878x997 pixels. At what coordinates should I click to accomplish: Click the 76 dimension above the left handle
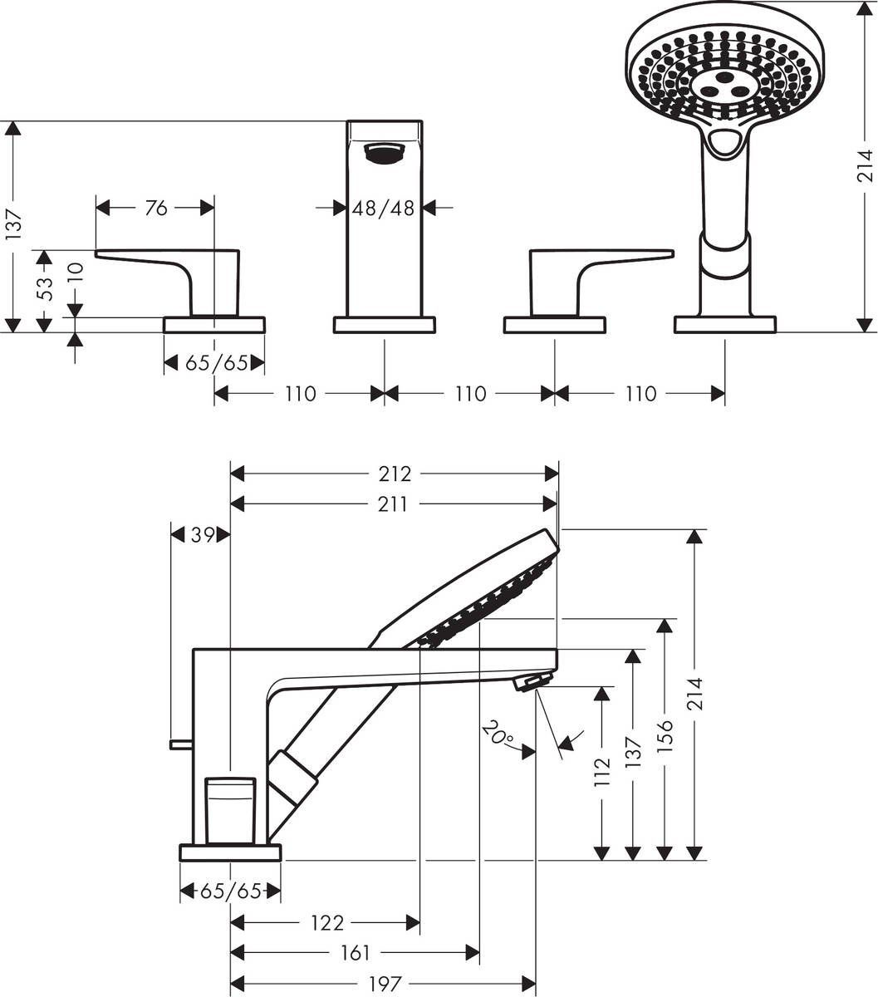(156, 208)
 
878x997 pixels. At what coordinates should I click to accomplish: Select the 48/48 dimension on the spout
(383, 208)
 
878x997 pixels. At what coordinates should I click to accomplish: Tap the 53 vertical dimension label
(47, 288)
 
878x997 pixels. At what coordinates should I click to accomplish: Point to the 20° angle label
(496, 734)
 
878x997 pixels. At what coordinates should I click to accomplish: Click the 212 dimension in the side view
(395, 474)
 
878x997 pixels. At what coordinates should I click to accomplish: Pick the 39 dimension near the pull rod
(203, 535)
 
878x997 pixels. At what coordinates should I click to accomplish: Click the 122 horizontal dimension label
(327, 922)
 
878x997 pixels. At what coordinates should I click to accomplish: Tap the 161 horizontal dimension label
(355, 953)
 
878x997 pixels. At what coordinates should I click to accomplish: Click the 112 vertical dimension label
(603, 772)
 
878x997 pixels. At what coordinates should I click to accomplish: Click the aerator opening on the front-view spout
(384, 152)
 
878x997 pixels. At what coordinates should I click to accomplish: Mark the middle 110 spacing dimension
(470, 393)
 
